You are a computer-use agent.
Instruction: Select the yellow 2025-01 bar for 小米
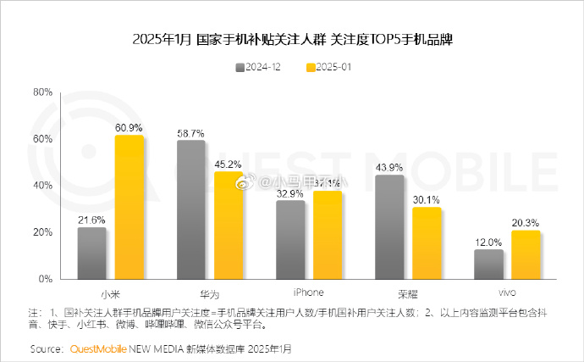(129, 207)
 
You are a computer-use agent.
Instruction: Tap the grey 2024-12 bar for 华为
(190, 209)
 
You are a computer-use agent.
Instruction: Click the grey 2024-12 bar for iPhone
(290, 239)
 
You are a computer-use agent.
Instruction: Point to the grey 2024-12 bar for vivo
(488, 264)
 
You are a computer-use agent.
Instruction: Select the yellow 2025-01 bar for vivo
(526, 254)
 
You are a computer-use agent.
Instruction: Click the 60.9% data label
(129, 126)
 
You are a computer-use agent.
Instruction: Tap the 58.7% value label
(191, 132)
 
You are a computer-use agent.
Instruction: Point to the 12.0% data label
(488, 241)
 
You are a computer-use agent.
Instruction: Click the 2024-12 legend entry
(260, 66)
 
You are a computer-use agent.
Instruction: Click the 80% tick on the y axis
(42, 92)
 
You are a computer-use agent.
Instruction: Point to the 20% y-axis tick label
(42, 232)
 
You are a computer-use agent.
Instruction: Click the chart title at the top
(291, 40)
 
